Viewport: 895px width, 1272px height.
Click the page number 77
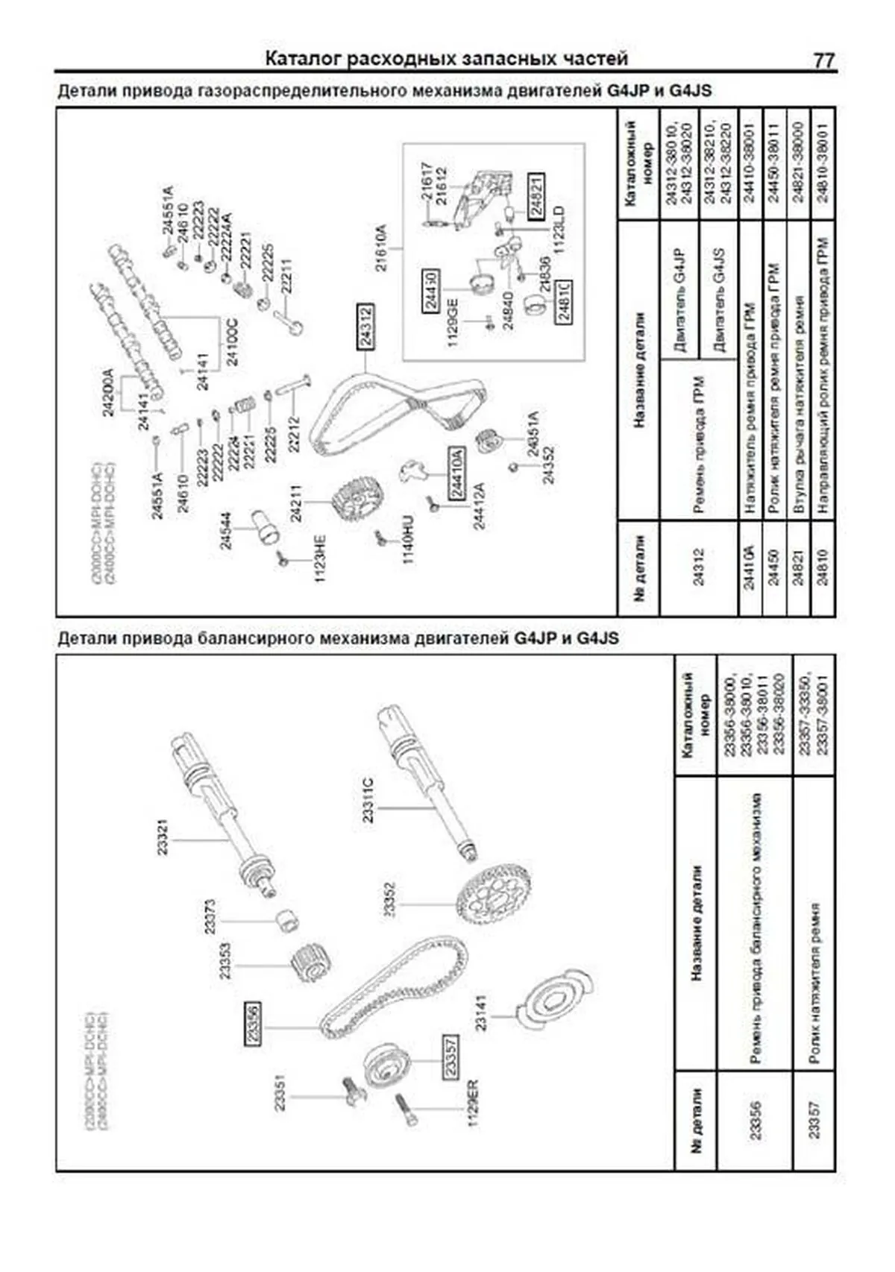click(x=823, y=60)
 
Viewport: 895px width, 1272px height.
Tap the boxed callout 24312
click(x=365, y=328)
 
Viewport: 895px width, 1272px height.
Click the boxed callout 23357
click(x=450, y=1056)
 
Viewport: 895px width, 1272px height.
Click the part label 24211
click(x=297, y=503)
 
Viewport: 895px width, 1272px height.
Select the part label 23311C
click(x=368, y=800)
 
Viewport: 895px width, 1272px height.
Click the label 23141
click(x=480, y=1012)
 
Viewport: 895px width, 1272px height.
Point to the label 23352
click(x=389, y=899)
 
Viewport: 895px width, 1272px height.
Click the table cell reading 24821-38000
click(x=798, y=160)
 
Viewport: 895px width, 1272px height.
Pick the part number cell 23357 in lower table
click(x=814, y=1121)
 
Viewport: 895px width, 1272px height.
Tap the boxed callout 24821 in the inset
click(x=536, y=195)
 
